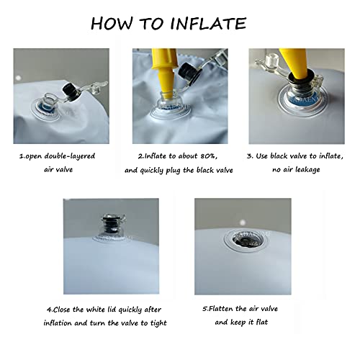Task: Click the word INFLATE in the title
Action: [208, 24]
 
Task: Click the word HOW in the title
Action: [112, 24]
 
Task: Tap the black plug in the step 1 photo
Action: [71, 91]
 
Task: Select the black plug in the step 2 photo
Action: [189, 73]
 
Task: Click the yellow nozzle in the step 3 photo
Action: [295, 63]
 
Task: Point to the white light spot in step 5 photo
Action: [243, 222]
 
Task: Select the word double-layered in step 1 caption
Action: [70, 156]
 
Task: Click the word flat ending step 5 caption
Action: [262, 322]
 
